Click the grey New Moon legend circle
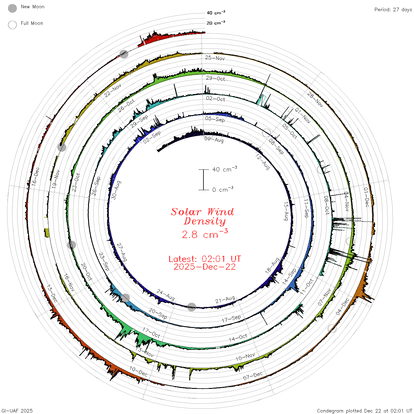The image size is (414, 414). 12,8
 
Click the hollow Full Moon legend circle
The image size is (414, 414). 12,25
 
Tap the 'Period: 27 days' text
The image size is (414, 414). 393,10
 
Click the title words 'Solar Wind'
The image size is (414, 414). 202,212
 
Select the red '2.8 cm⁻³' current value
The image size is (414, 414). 205,234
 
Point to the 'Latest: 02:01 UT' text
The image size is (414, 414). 205,259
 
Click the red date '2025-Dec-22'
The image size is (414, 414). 205,267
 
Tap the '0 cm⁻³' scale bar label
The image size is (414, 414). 223,189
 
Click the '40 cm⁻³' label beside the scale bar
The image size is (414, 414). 225,169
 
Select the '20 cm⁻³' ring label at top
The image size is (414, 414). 216,22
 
